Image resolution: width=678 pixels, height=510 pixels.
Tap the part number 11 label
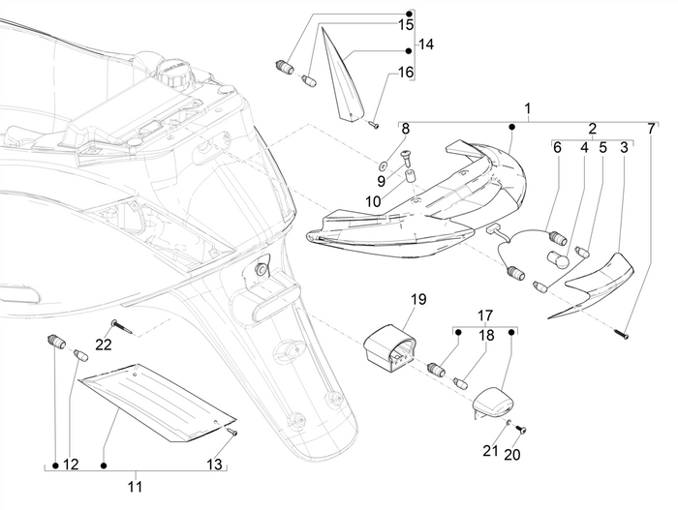136,486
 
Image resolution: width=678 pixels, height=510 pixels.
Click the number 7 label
651,128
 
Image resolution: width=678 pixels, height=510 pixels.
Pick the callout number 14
427,45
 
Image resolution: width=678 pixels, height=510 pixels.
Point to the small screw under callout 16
371,122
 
